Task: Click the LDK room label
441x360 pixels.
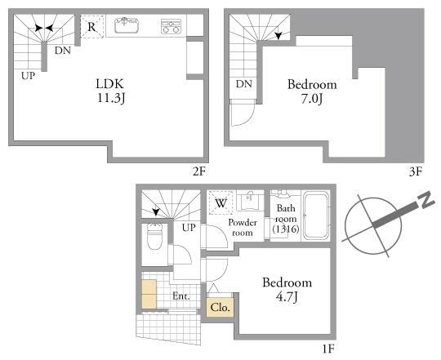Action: pos(109,84)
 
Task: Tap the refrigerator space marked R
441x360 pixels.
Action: pos(92,26)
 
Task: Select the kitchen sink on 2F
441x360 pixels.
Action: pos(127,25)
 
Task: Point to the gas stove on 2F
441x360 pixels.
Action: pos(171,26)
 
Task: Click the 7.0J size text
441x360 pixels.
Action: pos(312,99)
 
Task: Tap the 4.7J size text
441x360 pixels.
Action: pos(287,297)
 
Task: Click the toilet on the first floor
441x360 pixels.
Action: pos(154,237)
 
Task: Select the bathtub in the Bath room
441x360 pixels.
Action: pos(316,216)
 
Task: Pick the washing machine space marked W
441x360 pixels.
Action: pos(220,202)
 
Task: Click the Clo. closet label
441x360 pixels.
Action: pos(220,308)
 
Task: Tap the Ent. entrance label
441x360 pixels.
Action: pos(181,296)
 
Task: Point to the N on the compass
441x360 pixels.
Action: pos(426,199)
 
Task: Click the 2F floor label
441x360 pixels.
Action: pos(199,171)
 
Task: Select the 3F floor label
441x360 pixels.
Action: pos(416,171)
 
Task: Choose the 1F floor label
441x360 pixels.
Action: pos(328,349)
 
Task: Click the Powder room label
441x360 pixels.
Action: pos(243,228)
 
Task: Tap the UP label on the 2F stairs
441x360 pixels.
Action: pos(28,76)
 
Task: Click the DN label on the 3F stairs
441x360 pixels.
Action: pos(244,84)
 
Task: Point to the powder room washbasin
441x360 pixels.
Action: pos(250,201)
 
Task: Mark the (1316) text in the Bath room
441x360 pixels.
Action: pos(286,229)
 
